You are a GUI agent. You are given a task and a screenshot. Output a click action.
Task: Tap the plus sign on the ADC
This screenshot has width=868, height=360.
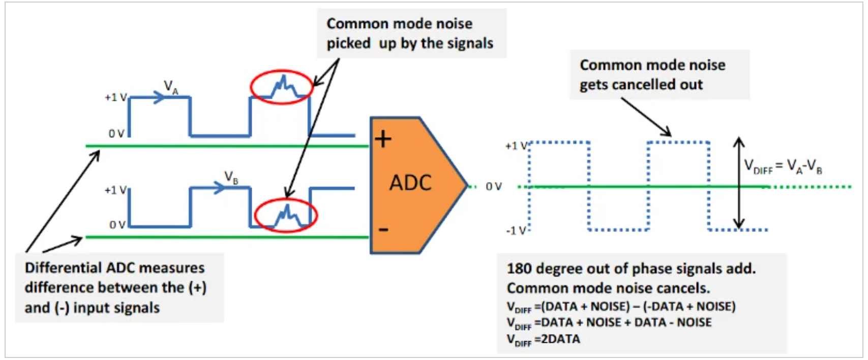383,139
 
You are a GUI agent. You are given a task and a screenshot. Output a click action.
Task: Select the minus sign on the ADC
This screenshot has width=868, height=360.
383,230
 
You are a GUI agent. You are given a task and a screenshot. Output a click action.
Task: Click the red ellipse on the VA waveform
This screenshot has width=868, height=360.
281,87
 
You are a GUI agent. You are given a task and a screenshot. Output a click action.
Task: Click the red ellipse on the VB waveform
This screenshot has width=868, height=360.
286,215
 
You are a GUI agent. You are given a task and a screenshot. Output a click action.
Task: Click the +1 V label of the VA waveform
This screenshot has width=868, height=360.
115,97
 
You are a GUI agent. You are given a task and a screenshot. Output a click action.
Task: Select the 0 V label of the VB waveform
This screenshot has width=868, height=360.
117,225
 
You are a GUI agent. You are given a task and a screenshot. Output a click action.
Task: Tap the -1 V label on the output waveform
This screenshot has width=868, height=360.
516,231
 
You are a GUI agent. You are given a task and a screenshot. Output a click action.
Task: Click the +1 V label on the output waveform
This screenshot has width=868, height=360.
516,146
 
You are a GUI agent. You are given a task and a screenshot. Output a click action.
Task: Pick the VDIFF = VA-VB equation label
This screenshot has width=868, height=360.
783,166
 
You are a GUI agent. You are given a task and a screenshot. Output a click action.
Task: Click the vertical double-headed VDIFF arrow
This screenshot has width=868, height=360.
739,183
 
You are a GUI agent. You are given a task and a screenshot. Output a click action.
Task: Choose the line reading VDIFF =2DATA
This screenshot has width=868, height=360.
543,339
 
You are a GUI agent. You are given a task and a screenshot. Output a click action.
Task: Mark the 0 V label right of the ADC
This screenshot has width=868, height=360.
494,187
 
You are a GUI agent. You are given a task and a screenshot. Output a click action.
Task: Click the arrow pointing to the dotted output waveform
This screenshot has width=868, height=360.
646,117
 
